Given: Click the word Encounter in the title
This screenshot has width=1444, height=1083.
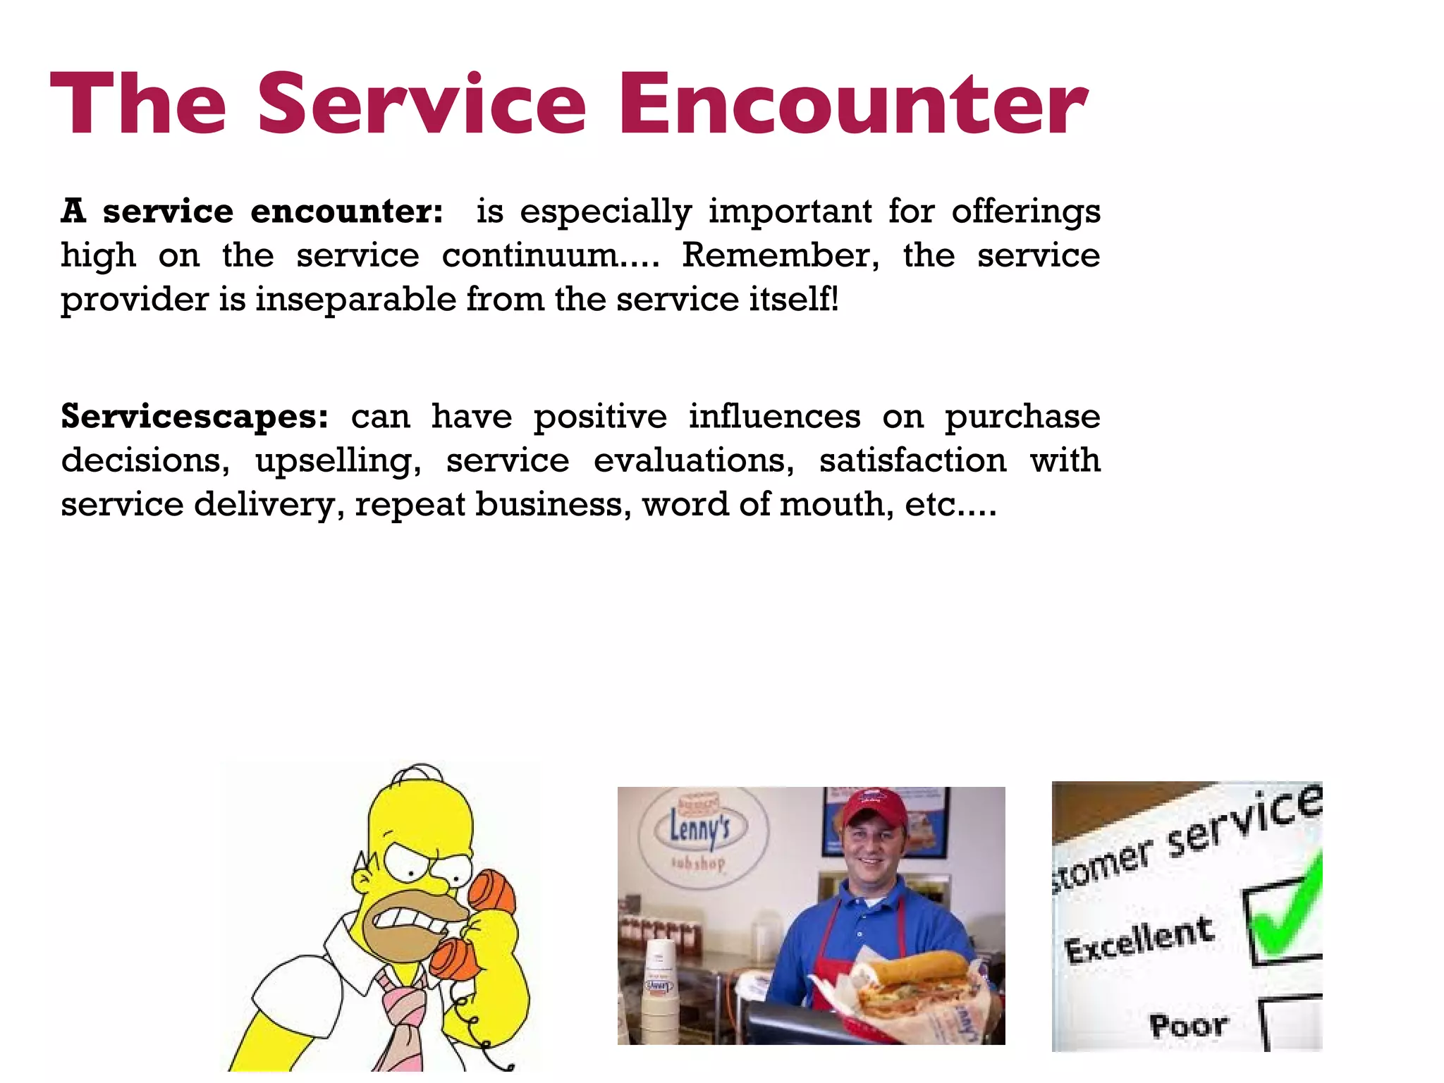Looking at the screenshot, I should tap(853, 104).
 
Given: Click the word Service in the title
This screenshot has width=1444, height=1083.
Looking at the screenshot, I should tap(422, 104).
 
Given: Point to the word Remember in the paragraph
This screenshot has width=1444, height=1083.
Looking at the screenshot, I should tap(780, 255).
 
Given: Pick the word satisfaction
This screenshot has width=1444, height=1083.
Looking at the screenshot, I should tap(912, 461).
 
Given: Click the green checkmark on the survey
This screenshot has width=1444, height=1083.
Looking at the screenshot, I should tap(1287, 910).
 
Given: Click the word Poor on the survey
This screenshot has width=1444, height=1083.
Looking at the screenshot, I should tap(1189, 1025).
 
